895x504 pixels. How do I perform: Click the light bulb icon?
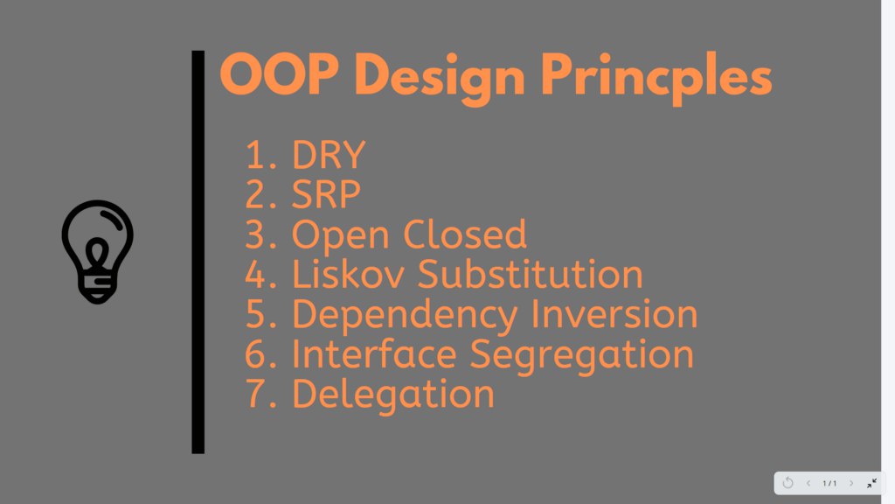[x=97, y=252]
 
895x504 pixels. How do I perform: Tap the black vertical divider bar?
[x=198, y=252]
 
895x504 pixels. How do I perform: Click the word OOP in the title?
[x=279, y=74]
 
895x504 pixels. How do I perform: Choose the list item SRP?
[x=326, y=194]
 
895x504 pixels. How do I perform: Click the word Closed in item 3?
[x=465, y=234]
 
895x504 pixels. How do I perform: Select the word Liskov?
[x=348, y=274]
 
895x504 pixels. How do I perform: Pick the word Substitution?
[x=531, y=274]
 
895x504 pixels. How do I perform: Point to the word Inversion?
[x=614, y=314]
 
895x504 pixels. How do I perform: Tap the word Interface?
[x=374, y=353]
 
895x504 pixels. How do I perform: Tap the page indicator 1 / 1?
[x=829, y=483]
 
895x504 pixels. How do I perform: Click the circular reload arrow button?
[x=787, y=483]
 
